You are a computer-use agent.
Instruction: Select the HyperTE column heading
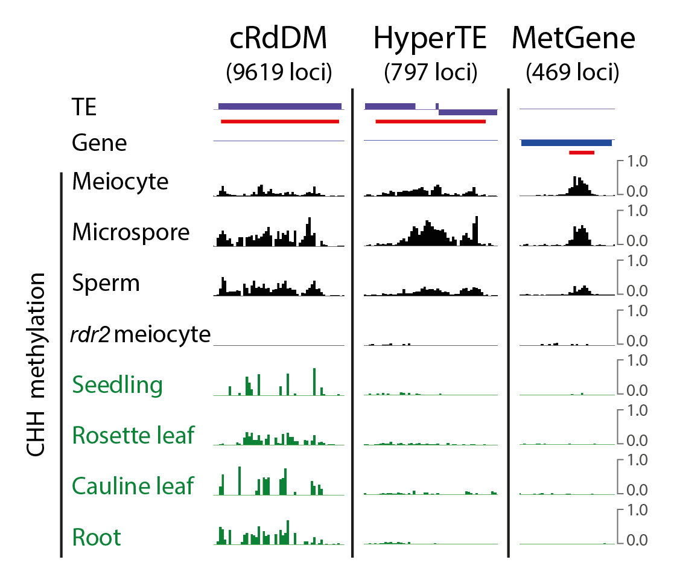point(430,39)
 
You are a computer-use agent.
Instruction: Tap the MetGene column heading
point(573,39)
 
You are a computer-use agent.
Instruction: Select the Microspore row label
point(131,232)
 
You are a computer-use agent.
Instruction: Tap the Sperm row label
point(106,283)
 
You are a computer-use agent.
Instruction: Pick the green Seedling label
point(117,384)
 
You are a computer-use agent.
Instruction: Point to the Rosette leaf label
point(133,435)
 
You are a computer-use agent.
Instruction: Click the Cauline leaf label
point(133,485)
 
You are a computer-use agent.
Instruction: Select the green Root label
point(97,537)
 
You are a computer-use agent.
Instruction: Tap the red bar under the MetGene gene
point(582,153)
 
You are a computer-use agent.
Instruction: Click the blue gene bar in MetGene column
point(566,142)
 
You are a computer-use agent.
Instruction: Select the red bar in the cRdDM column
point(280,121)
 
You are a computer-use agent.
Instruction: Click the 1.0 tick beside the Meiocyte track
point(638,162)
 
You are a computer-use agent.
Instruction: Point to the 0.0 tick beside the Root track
point(638,540)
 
